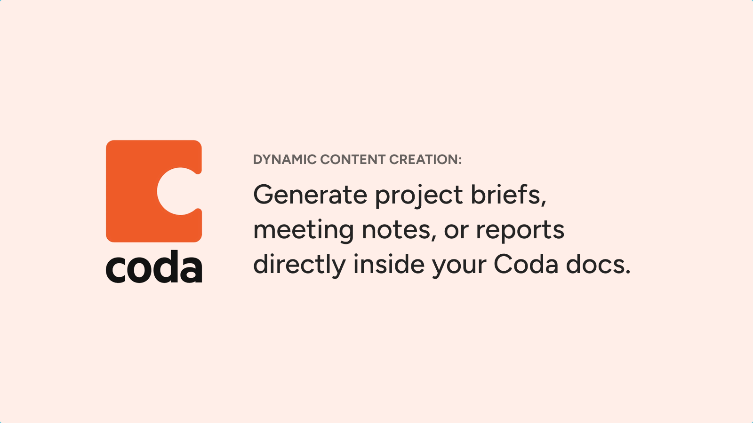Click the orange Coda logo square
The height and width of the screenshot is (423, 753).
pyautogui.click(x=135, y=191)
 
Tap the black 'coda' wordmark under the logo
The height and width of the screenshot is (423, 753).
pyautogui.click(x=154, y=266)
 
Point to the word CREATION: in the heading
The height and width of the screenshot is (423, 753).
pyautogui.click(x=425, y=159)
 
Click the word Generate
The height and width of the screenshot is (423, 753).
pyautogui.click(x=310, y=195)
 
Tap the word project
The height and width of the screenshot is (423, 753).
pyautogui.click(x=419, y=196)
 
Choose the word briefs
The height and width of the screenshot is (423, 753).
pyautogui.click(x=508, y=195)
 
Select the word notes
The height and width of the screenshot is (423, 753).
pyautogui.click(x=399, y=231)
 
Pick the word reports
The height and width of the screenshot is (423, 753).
pyautogui.click(x=520, y=232)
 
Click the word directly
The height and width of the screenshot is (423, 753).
pyautogui.click(x=299, y=266)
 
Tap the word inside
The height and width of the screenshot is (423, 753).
pyautogui.click(x=389, y=264)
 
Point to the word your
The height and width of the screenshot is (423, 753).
pyautogui.click(x=459, y=267)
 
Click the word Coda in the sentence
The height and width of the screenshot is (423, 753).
pyautogui.click(x=526, y=264)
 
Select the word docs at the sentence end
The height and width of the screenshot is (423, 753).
pyautogui.click(x=598, y=264)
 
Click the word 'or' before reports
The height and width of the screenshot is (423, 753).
pyautogui.click(x=456, y=232)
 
